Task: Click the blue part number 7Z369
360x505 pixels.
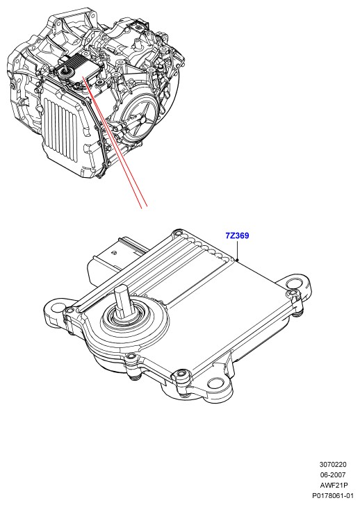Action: [237, 235]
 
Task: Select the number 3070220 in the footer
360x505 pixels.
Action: [333, 465]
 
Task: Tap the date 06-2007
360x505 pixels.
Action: [333, 474]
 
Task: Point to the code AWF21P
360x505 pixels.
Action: [334, 485]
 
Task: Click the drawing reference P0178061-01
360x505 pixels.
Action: [333, 496]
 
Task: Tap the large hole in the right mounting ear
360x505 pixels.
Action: [293, 283]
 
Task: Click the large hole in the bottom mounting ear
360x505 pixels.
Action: [215, 383]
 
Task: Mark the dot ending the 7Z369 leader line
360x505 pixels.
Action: [237, 260]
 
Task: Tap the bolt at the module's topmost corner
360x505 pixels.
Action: [177, 233]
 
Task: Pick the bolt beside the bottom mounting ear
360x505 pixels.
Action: [181, 374]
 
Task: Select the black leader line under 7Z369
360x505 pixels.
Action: [237, 250]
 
